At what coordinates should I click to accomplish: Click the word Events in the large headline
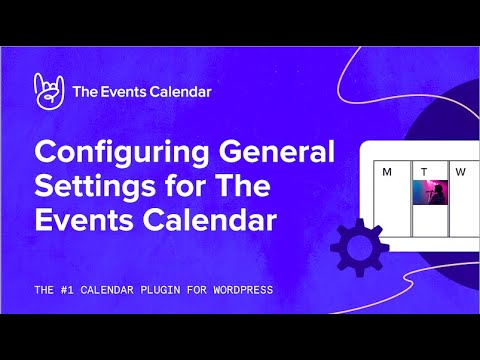tap(85, 219)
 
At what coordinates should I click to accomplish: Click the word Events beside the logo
tap(128, 92)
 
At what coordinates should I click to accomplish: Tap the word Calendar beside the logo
tap(182, 92)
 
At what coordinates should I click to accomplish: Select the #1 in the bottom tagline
tap(69, 290)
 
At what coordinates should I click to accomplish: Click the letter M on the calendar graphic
tap(387, 172)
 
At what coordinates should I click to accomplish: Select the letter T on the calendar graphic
tap(424, 172)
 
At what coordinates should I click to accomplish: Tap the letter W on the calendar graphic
tap(461, 172)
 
